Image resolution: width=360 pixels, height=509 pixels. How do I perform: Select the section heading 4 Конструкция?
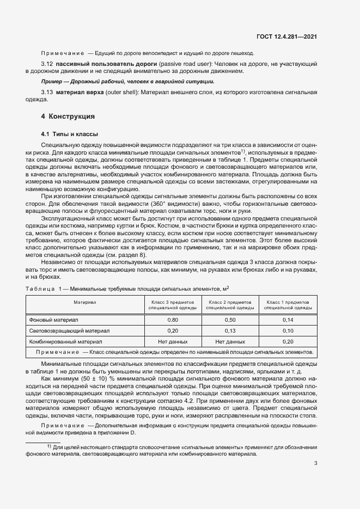pos(68,116)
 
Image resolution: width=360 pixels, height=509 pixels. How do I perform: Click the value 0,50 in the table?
pos(230,320)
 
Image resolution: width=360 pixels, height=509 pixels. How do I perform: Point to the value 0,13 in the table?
pos(230,330)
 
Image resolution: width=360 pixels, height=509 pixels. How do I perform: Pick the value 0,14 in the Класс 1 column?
pos(288,320)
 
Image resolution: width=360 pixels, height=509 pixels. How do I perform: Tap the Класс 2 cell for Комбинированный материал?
pos(230,341)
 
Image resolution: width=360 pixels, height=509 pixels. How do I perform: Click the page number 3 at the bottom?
pos(315,463)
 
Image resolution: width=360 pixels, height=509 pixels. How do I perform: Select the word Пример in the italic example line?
pos(53,81)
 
